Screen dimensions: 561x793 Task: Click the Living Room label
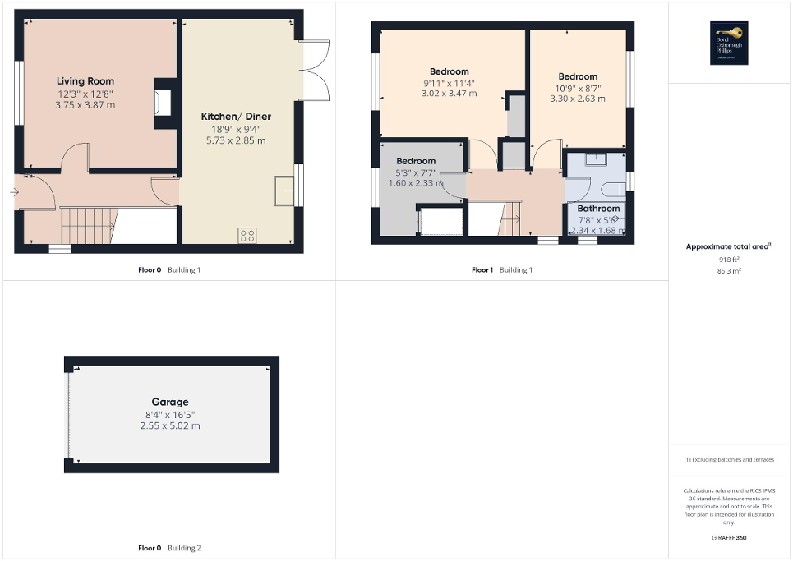(85, 81)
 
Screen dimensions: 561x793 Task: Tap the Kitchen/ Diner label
(236, 117)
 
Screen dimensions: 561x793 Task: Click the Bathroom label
(598, 209)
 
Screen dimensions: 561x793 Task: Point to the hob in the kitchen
(247, 236)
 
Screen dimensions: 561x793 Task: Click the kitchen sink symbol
(285, 190)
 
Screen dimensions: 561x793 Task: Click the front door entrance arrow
(15, 192)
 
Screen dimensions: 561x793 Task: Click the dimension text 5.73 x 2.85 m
(236, 140)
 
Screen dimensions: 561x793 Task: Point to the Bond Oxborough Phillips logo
(726, 42)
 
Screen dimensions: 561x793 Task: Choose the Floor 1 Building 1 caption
(501, 269)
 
